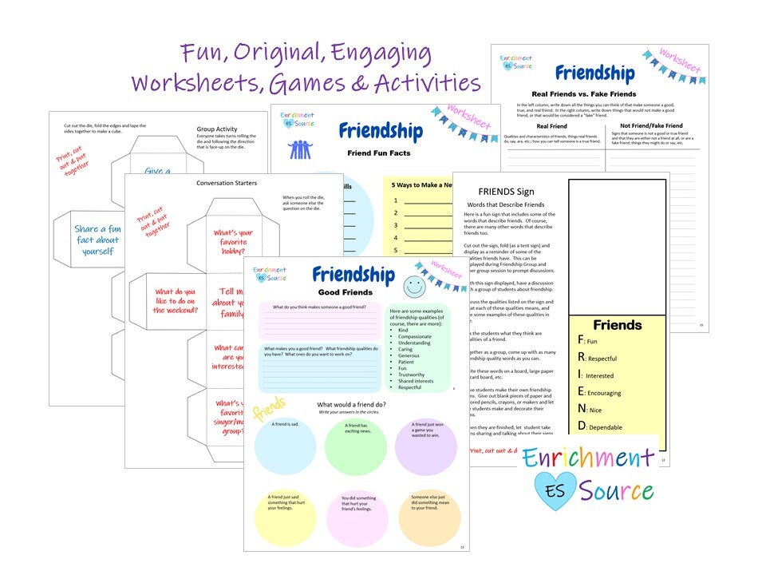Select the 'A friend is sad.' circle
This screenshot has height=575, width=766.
coord(285,448)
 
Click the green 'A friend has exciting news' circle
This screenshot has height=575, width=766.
coord(355,448)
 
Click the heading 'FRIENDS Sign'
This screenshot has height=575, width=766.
coord(506,192)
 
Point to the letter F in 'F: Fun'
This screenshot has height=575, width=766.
coord(581,339)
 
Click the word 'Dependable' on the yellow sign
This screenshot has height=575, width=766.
coord(606,427)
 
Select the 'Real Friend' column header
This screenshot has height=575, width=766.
coord(552,125)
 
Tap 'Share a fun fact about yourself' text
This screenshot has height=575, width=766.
coord(97,240)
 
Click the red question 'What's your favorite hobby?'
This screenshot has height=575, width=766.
coord(234,239)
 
